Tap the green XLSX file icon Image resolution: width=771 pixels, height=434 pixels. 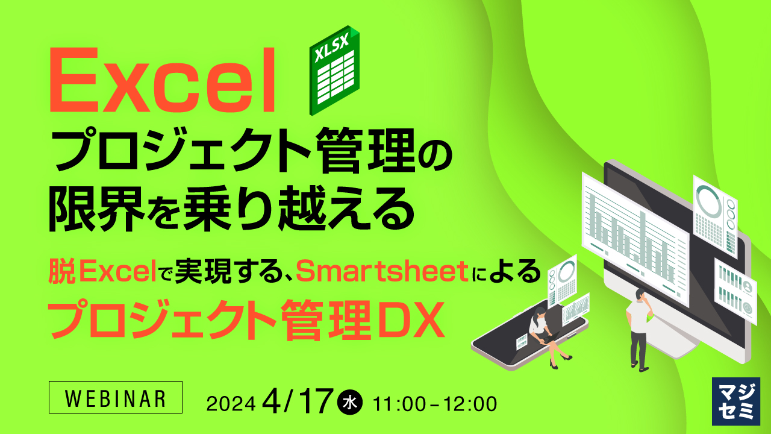coord(334,70)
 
